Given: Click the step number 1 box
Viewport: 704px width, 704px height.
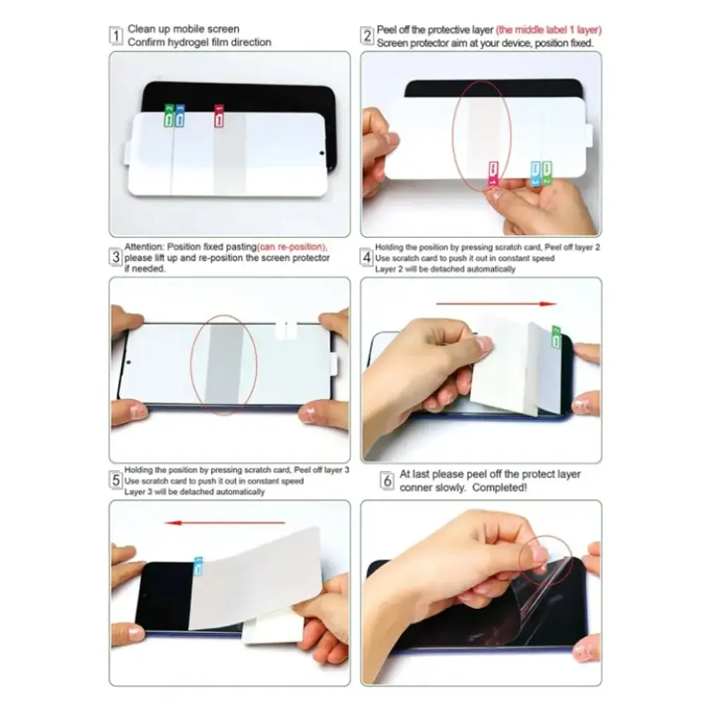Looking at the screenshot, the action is tap(116, 35).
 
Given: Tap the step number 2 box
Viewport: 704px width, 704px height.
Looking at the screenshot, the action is tap(367, 35).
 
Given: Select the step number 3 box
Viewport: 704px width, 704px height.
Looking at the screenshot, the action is tap(116, 257).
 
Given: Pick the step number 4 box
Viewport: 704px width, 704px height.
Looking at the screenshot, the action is tap(367, 257).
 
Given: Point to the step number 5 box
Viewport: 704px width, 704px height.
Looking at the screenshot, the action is tap(116, 480).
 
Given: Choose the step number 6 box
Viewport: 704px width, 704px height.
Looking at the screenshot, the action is tap(387, 480).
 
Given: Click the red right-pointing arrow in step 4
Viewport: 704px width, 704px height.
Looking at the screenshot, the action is tap(496, 304).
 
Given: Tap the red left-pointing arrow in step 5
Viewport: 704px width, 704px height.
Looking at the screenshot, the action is tap(225, 522).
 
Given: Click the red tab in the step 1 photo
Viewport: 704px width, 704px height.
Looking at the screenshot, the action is tap(219, 116).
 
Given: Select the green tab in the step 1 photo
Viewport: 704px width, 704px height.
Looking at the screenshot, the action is tap(169, 115).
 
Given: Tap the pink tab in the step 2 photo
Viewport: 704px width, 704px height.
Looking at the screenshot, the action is tap(494, 174).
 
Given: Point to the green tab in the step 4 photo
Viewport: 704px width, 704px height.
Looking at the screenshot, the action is tap(556, 337).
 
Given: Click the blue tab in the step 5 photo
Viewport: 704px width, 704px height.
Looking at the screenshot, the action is tap(198, 566).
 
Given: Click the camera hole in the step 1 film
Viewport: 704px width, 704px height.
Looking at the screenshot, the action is tap(322, 153).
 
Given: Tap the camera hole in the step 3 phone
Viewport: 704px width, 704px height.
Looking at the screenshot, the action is tap(128, 362).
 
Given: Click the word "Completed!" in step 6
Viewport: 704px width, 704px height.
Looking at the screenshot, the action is tap(499, 488).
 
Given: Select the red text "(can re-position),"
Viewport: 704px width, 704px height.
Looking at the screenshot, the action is tap(292, 247).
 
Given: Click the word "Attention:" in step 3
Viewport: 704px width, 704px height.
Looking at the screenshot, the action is tap(144, 247).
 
